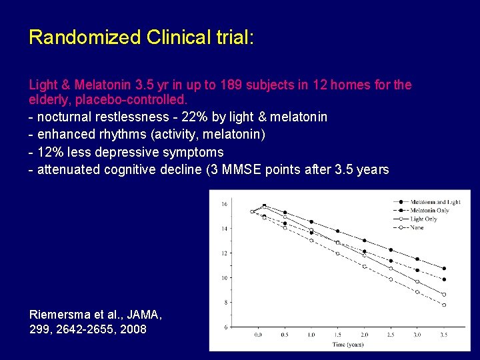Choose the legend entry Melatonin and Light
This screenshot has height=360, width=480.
435,201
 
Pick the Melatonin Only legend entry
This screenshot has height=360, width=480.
429,210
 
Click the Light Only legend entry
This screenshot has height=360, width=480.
424,219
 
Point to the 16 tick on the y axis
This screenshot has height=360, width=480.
225,203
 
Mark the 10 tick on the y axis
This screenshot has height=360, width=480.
225,277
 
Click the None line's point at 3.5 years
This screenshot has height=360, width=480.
444,305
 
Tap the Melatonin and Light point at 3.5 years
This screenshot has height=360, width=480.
444,268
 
